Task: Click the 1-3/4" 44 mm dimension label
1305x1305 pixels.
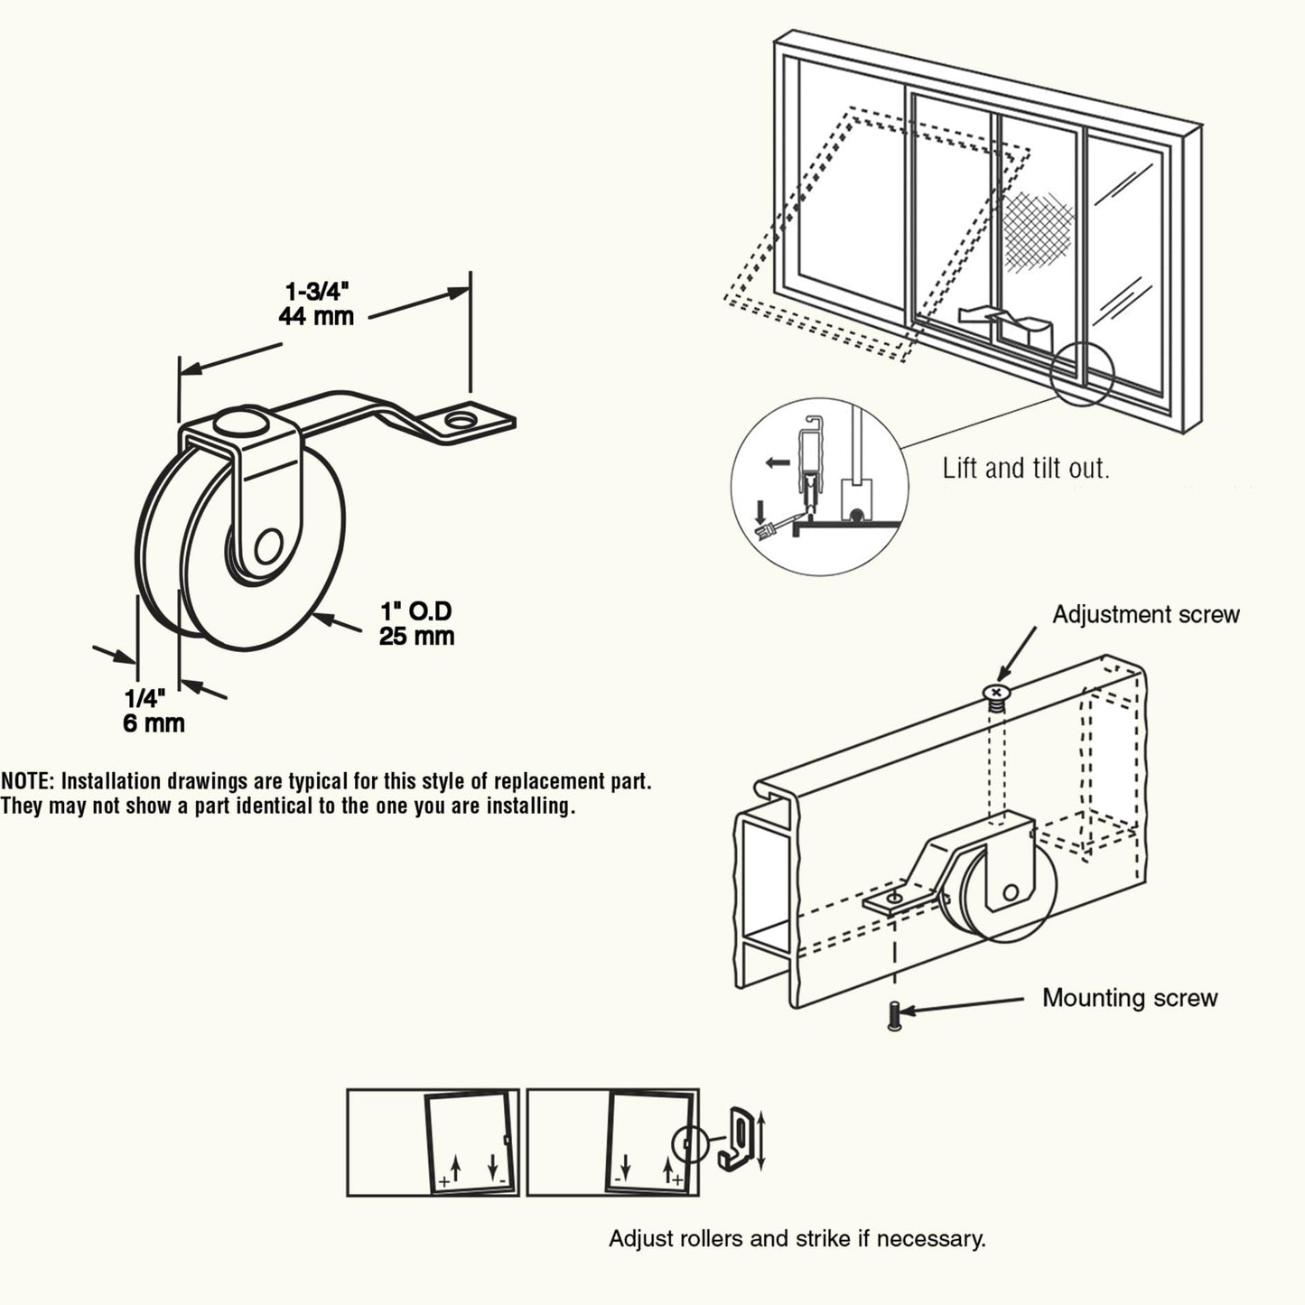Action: [316, 303]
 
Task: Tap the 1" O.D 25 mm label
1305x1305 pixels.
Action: [415, 624]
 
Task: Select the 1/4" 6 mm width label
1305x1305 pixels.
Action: [154, 711]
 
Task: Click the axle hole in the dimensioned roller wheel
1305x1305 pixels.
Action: [267, 548]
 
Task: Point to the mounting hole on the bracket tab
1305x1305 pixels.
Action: [461, 420]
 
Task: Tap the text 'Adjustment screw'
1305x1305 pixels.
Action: [1145, 615]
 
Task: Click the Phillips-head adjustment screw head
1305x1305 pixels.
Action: [996, 693]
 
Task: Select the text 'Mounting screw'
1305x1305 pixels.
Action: [1129, 998]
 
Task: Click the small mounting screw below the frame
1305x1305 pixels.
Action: [894, 1016]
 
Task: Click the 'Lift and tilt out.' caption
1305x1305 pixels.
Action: [1025, 469]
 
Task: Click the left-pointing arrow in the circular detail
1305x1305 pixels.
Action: [776, 463]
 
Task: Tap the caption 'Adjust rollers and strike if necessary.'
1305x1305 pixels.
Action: [797, 1238]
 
